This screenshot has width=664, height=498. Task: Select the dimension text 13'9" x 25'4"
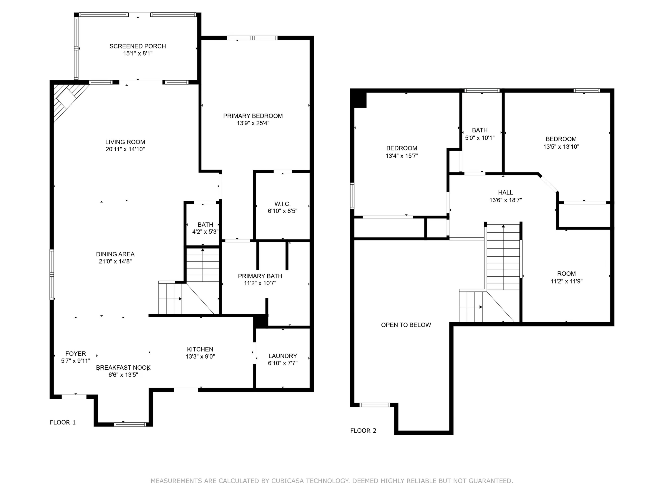(x=253, y=123)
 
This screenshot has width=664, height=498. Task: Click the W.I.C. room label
(x=282, y=204)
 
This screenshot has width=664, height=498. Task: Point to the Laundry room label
(x=282, y=356)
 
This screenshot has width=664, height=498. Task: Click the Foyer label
(x=76, y=354)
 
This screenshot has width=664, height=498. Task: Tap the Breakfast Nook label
(x=123, y=368)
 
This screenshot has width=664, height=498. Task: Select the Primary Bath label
(x=260, y=276)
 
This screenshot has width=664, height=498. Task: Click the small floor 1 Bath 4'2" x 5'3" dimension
(x=205, y=232)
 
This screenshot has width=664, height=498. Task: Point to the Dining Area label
(x=115, y=254)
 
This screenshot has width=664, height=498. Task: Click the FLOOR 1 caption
(x=62, y=422)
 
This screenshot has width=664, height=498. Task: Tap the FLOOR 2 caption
(x=363, y=431)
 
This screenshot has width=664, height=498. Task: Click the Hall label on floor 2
(x=506, y=192)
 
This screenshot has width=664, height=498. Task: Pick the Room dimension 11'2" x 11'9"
(x=566, y=281)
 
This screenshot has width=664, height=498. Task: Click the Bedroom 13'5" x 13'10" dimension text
(x=561, y=147)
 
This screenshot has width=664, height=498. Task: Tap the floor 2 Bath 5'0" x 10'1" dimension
(x=480, y=138)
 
